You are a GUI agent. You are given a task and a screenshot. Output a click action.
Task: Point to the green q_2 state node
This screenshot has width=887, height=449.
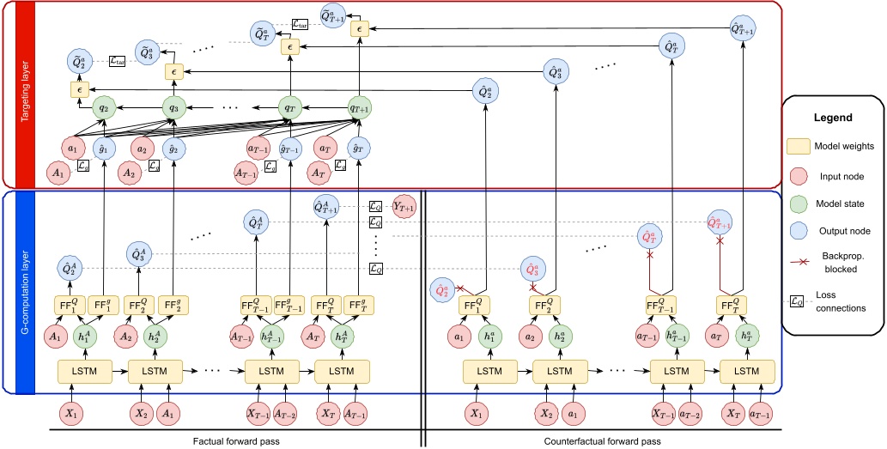tap(103, 109)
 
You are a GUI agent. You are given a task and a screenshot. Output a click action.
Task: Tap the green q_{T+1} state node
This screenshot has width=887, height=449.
tap(358, 109)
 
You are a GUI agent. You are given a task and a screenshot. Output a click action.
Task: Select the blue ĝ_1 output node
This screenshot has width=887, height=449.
tap(104, 149)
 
